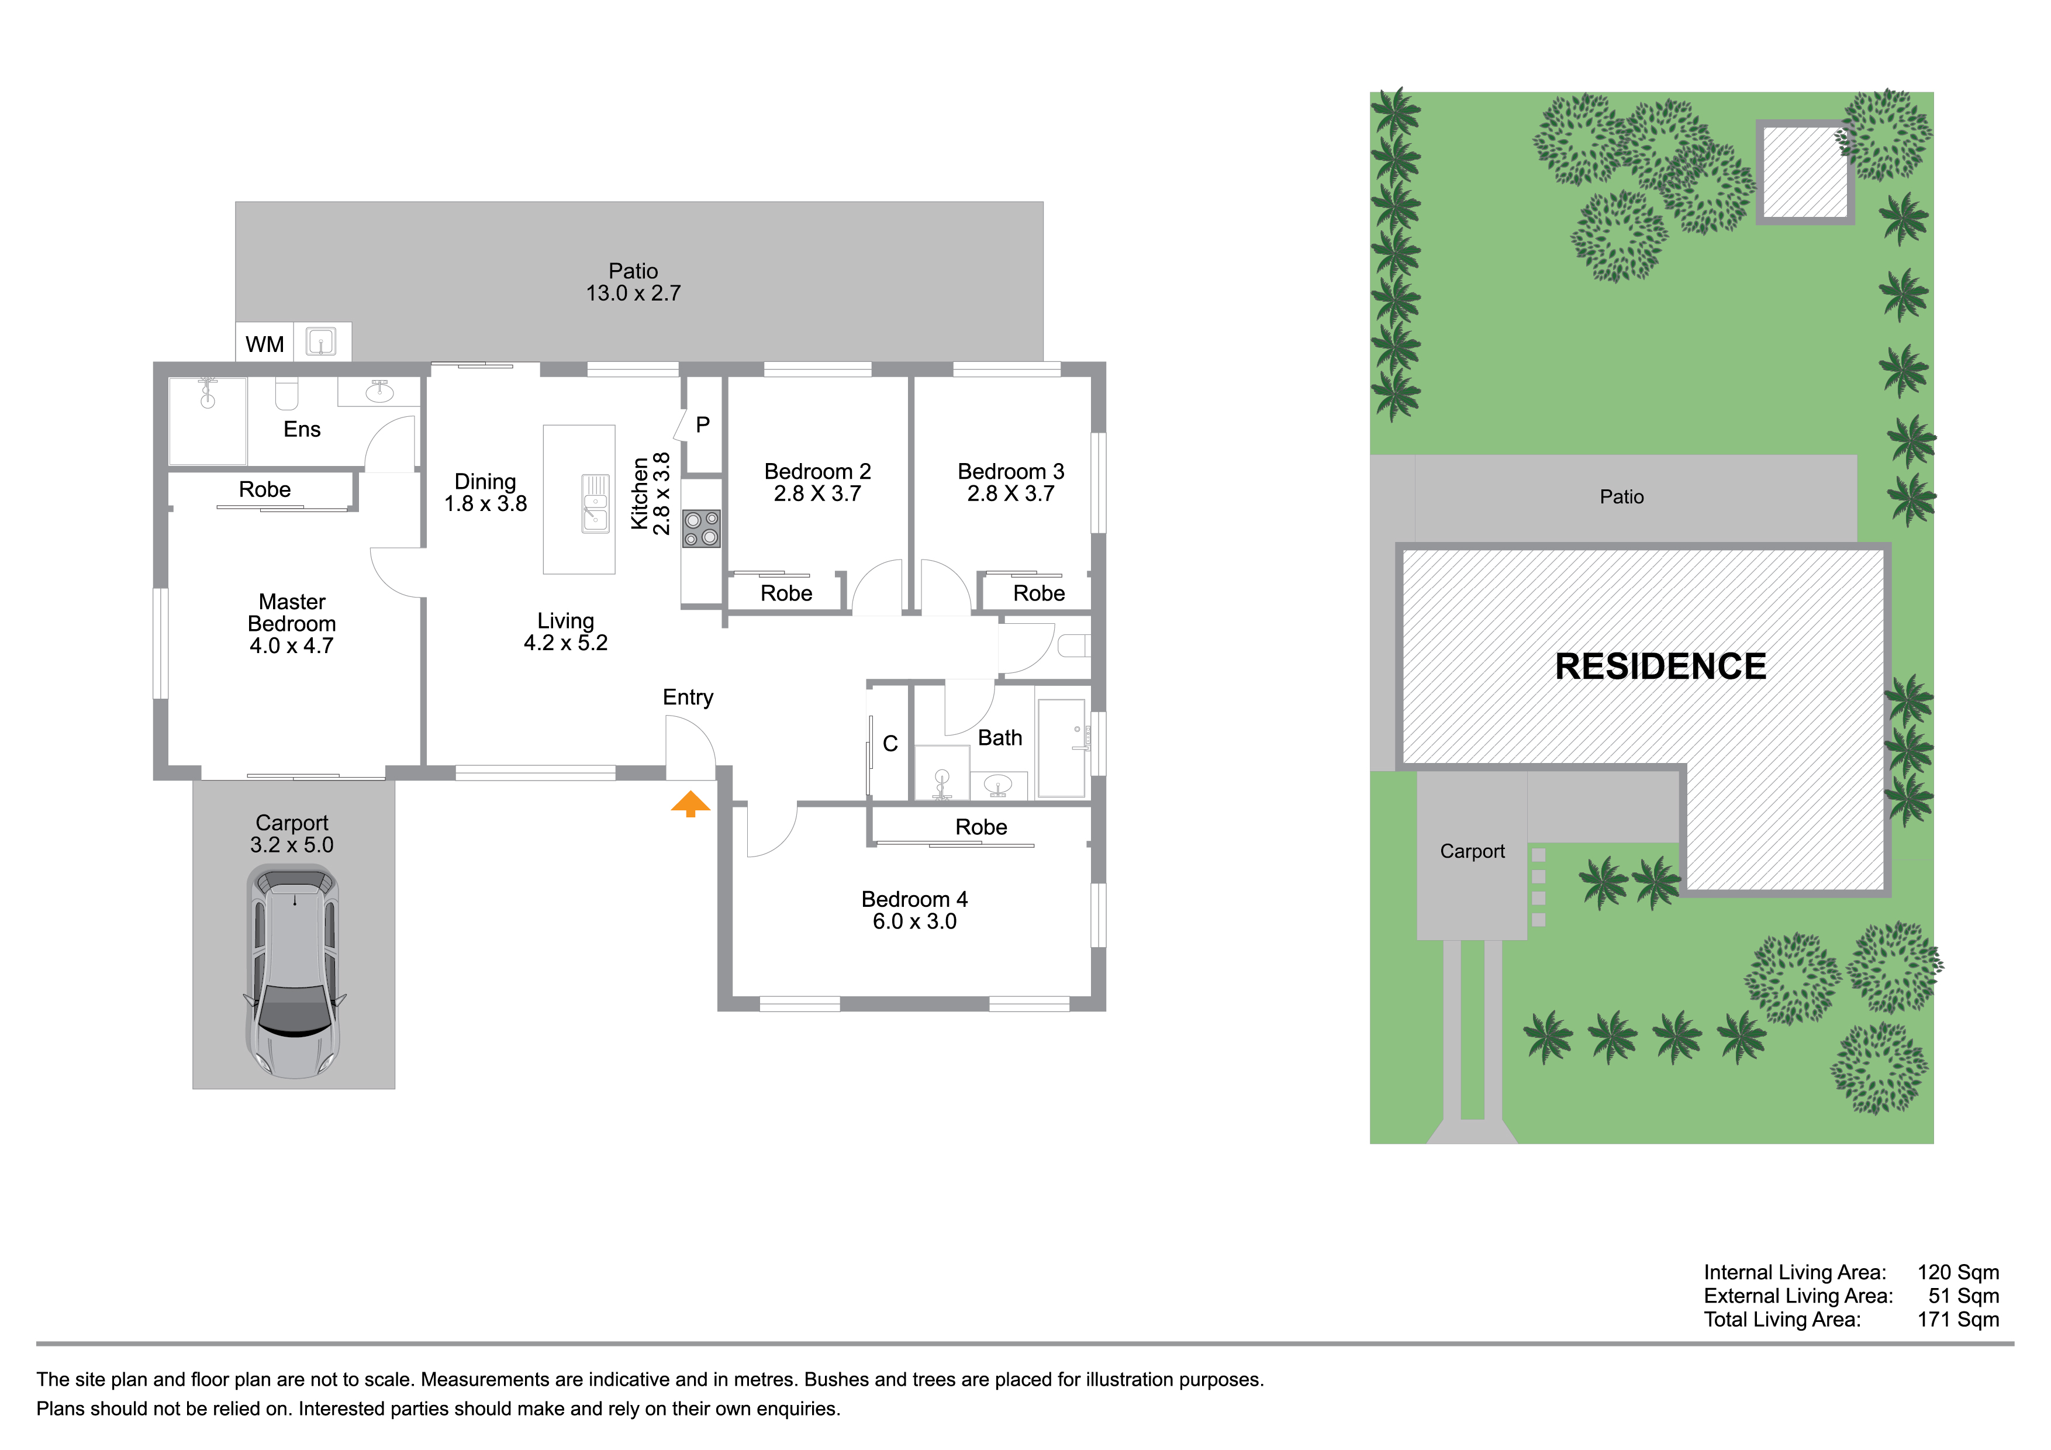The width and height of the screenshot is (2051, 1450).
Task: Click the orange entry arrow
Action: click(690, 803)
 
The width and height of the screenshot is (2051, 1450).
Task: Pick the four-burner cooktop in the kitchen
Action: click(701, 528)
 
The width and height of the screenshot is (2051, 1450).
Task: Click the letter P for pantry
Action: click(703, 425)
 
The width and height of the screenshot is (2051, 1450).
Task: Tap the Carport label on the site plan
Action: click(1472, 851)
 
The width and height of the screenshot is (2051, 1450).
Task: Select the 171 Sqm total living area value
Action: click(1958, 1320)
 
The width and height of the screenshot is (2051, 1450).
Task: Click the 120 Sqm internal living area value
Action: click(1958, 1272)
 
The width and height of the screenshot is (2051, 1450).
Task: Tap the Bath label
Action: click(1000, 738)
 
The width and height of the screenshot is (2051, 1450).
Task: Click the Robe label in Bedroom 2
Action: click(786, 593)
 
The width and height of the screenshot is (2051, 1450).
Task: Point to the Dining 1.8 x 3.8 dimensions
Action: click(486, 504)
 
